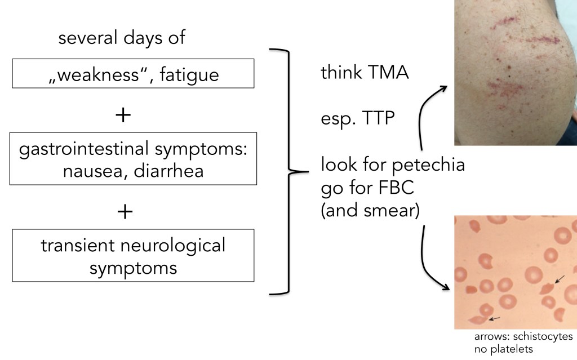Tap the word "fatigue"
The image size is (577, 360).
(189, 74)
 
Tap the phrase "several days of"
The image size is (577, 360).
(122, 39)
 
